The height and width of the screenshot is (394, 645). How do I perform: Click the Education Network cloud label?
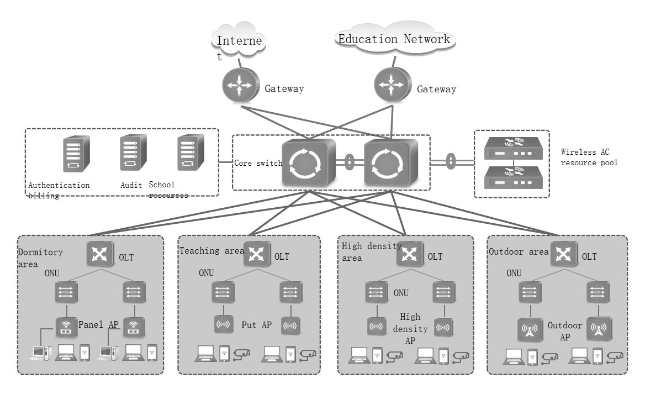(x=394, y=39)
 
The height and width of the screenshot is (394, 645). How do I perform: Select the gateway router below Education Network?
(x=392, y=85)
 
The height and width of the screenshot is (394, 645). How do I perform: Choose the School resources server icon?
(x=187, y=152)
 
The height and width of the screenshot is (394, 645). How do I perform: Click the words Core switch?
(x=258, y=164)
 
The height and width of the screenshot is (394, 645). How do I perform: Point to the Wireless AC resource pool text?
(x=589, y=157)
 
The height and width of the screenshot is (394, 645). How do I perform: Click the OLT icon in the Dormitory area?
(x=99, y=254)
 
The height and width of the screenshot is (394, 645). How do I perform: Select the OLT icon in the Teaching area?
(x=256, y=255)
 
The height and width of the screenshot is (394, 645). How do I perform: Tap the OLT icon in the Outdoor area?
(x=563, y=255)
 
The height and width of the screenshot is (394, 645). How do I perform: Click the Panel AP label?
(x=99, y=324)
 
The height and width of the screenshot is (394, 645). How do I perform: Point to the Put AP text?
(x=256, y=325)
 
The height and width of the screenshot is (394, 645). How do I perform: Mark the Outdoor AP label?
(x=565, y=330)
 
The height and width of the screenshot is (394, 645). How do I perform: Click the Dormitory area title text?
(x=40, y=258)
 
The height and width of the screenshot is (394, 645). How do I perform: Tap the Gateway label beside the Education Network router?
(x=436, y=89)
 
